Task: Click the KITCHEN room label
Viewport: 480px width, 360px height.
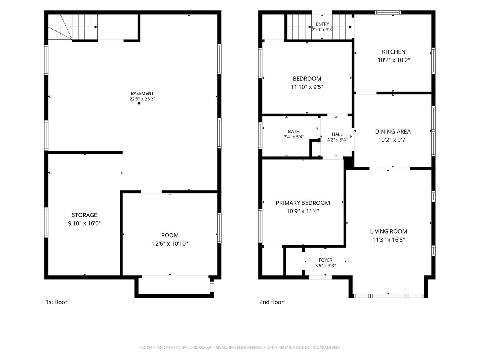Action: click(394, 52)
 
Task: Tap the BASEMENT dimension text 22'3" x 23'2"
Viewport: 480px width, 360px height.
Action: click(142, 99)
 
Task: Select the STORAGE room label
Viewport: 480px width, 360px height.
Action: click(84, 215)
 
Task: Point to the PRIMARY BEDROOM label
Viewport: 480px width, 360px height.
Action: click(303, 203)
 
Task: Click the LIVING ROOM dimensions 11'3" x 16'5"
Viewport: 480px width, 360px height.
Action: click(388, 240)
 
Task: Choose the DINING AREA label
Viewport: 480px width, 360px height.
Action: click(393, 132)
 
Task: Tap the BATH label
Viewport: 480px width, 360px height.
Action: click(294, 131)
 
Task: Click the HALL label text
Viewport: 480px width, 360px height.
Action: click(337, 134)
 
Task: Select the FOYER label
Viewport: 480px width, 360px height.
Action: click(325, 260)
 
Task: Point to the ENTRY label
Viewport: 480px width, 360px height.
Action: click(322, 24)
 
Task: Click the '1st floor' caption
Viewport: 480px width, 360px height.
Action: click(56, 302)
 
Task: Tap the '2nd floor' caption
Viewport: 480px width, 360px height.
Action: click(271, 302)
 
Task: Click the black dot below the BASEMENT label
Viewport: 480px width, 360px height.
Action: click(139, 103)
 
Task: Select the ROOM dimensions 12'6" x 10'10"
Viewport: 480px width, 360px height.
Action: click(170, 244)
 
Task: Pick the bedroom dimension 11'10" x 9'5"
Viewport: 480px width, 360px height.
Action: click(307, 87)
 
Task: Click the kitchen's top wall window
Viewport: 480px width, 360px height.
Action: click(388, 12)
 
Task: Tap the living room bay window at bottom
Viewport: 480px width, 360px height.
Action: click(388, 296)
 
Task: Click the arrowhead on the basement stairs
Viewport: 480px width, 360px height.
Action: click(96, 27)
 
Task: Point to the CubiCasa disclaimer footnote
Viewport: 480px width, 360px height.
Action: click(240, 347)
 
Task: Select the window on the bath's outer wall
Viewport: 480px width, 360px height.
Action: click(260, 136)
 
